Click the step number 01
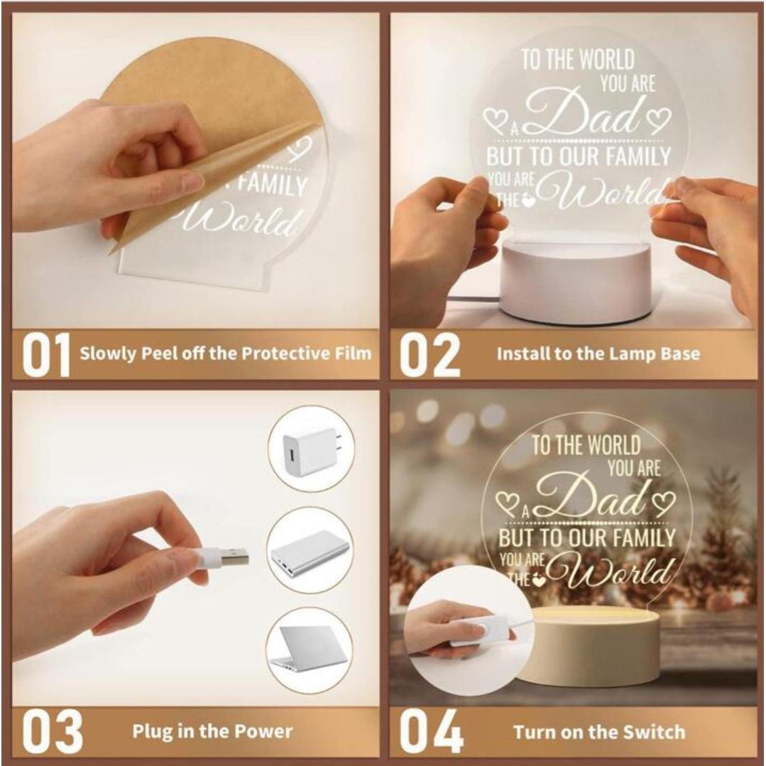[x=45, y=354]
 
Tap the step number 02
[x=429, y=354]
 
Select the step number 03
[x=48, y=731]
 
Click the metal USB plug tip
[x=234, y=557]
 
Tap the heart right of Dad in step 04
[x=664, y=502]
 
